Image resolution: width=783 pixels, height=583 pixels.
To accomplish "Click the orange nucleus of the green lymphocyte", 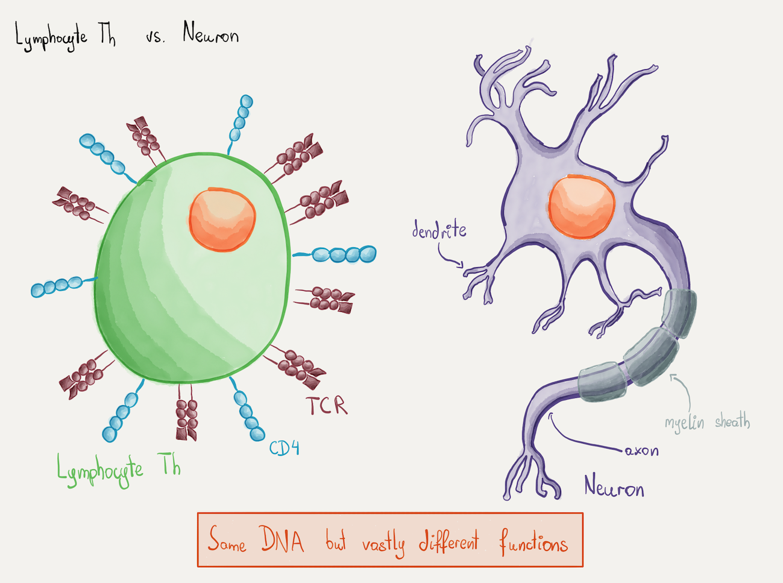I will (x=222, y=219).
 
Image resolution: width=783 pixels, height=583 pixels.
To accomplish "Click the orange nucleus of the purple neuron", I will (x=581, y=207).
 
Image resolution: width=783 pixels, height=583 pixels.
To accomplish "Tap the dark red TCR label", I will (x=326, y=405).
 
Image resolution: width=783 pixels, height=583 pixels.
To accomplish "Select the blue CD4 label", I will (x=284, y=449).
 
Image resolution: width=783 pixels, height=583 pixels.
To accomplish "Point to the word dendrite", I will (x=439, y=230).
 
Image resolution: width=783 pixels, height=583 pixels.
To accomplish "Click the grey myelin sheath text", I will (x=707, y=422).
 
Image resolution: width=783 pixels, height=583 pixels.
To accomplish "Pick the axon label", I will (x=641, y=451).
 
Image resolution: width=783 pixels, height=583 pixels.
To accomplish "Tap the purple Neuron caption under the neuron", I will (x=614, y=487).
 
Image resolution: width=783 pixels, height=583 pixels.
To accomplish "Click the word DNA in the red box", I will (x=282, y=540).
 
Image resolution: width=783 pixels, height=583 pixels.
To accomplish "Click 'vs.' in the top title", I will (x=155, y=37).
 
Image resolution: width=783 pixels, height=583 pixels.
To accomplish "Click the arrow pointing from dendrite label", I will (x=449, y=257).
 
